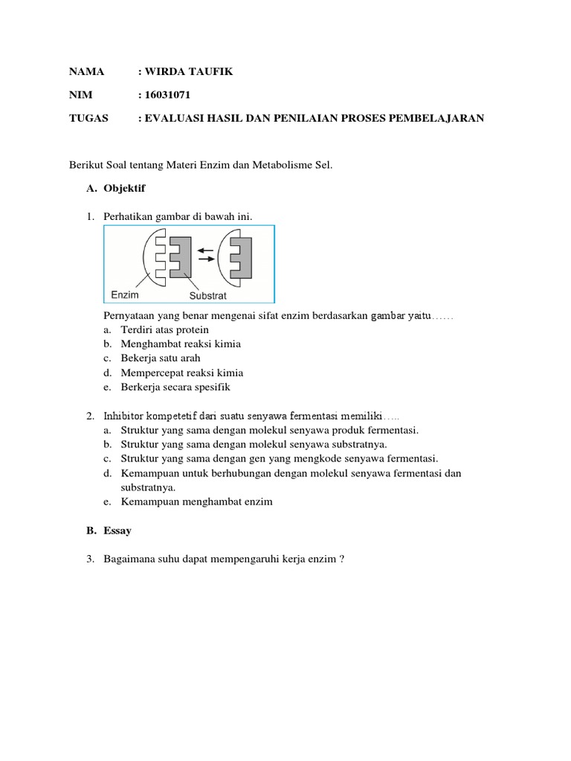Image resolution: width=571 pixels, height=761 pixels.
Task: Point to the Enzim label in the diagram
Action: point(126,295)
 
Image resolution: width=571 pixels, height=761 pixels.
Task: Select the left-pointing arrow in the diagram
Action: point(206,250)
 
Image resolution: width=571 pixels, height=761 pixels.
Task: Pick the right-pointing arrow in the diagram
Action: point(206,259)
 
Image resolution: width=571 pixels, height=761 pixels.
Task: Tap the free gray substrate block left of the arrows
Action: point(180,256)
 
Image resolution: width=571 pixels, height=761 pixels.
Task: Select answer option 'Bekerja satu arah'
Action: point(161,358)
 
